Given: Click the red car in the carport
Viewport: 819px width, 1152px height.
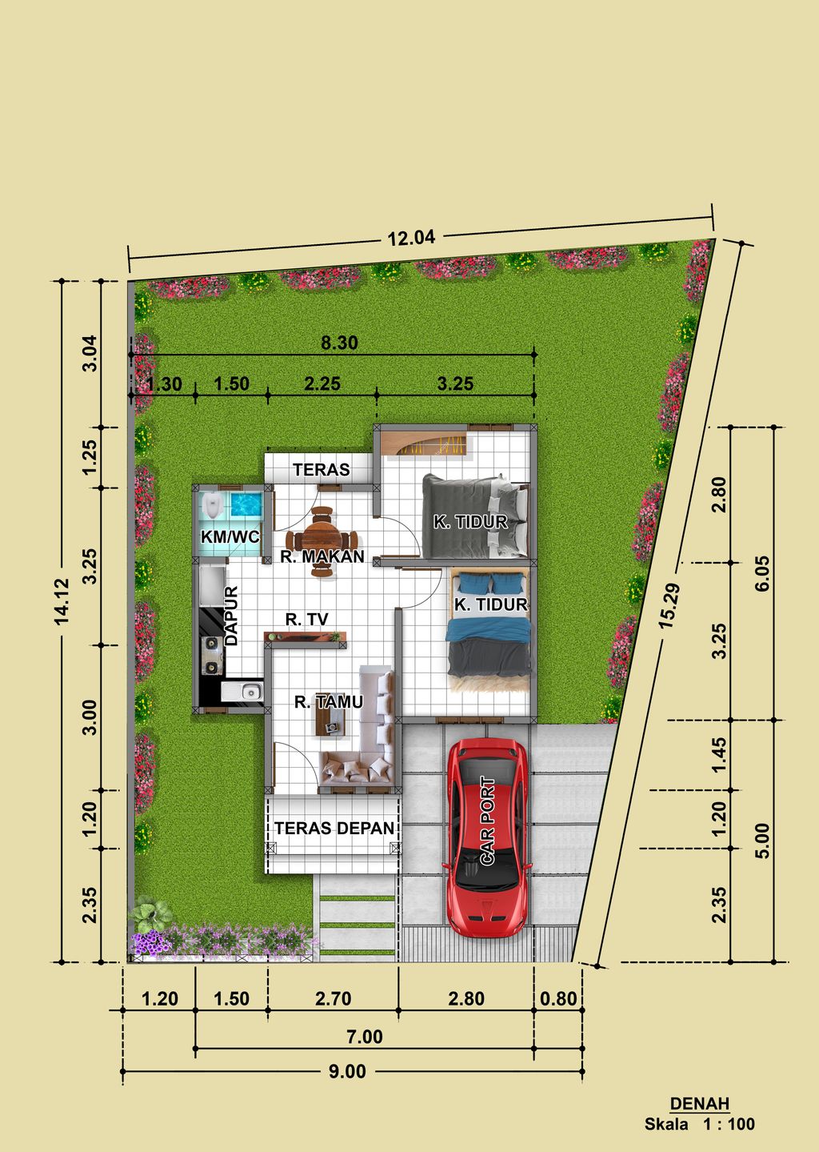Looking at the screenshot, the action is tap(488, 837).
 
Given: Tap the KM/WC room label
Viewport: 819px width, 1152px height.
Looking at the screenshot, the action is tap(230, 537).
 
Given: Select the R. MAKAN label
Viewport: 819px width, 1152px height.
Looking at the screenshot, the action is tap(322, 556).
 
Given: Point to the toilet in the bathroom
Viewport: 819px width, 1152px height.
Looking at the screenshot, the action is tap(211, 504).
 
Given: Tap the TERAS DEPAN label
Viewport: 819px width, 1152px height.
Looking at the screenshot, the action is tap(334, 828).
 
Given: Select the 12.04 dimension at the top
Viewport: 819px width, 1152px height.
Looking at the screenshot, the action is tap(411, 238).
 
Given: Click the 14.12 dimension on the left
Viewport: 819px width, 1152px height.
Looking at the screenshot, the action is tap(62, 602).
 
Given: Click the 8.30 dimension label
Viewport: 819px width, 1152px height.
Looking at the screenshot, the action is tap(339, 343).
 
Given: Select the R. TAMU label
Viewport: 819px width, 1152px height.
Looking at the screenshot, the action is tap(329, 702).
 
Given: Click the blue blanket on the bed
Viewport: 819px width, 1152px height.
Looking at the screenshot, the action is tap(488, 629).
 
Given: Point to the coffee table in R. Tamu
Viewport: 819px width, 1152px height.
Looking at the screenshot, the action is tap(330, 722).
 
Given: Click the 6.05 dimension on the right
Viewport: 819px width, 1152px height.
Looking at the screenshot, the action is tap(764, 573).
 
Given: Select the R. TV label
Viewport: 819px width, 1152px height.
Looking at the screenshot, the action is tap(307, 620).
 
